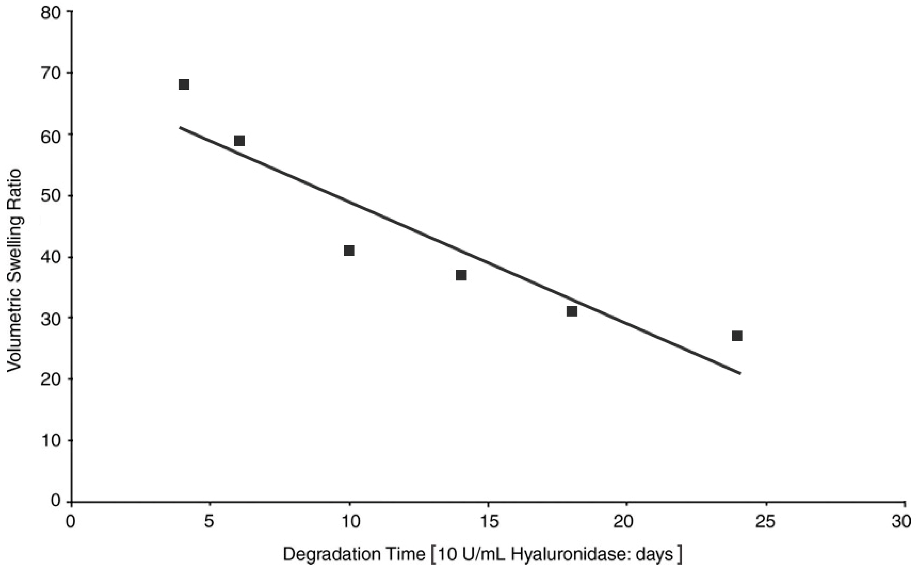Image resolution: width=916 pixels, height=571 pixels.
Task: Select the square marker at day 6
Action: [239, 141]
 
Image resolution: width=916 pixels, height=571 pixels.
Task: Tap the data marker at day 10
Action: [349, 250]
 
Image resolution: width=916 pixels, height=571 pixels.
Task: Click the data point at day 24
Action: [737, 335]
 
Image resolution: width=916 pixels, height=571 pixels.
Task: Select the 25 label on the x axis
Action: [766, 522]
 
